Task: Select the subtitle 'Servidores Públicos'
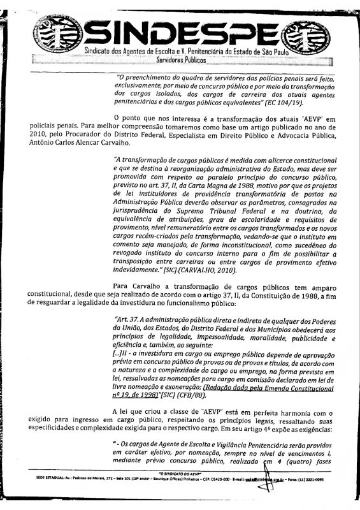181,60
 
